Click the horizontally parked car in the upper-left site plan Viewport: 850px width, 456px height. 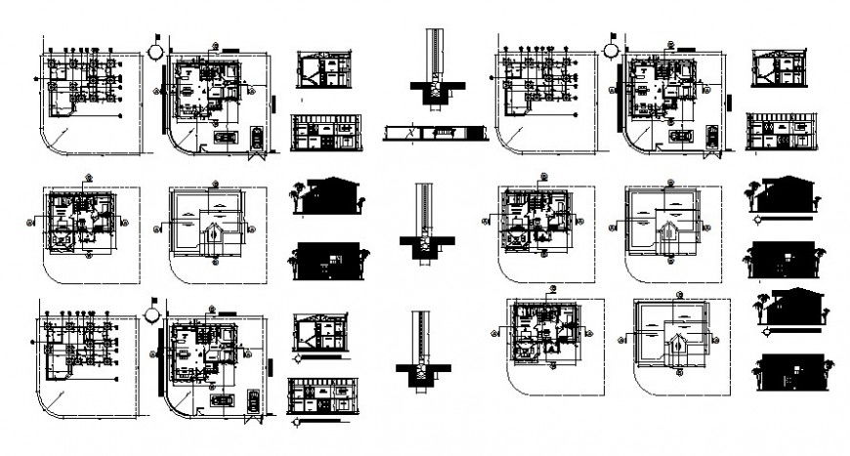[223, 138]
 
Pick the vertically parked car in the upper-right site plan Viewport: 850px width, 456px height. [712, 136]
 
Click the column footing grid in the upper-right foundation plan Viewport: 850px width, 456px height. [532, 78]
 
